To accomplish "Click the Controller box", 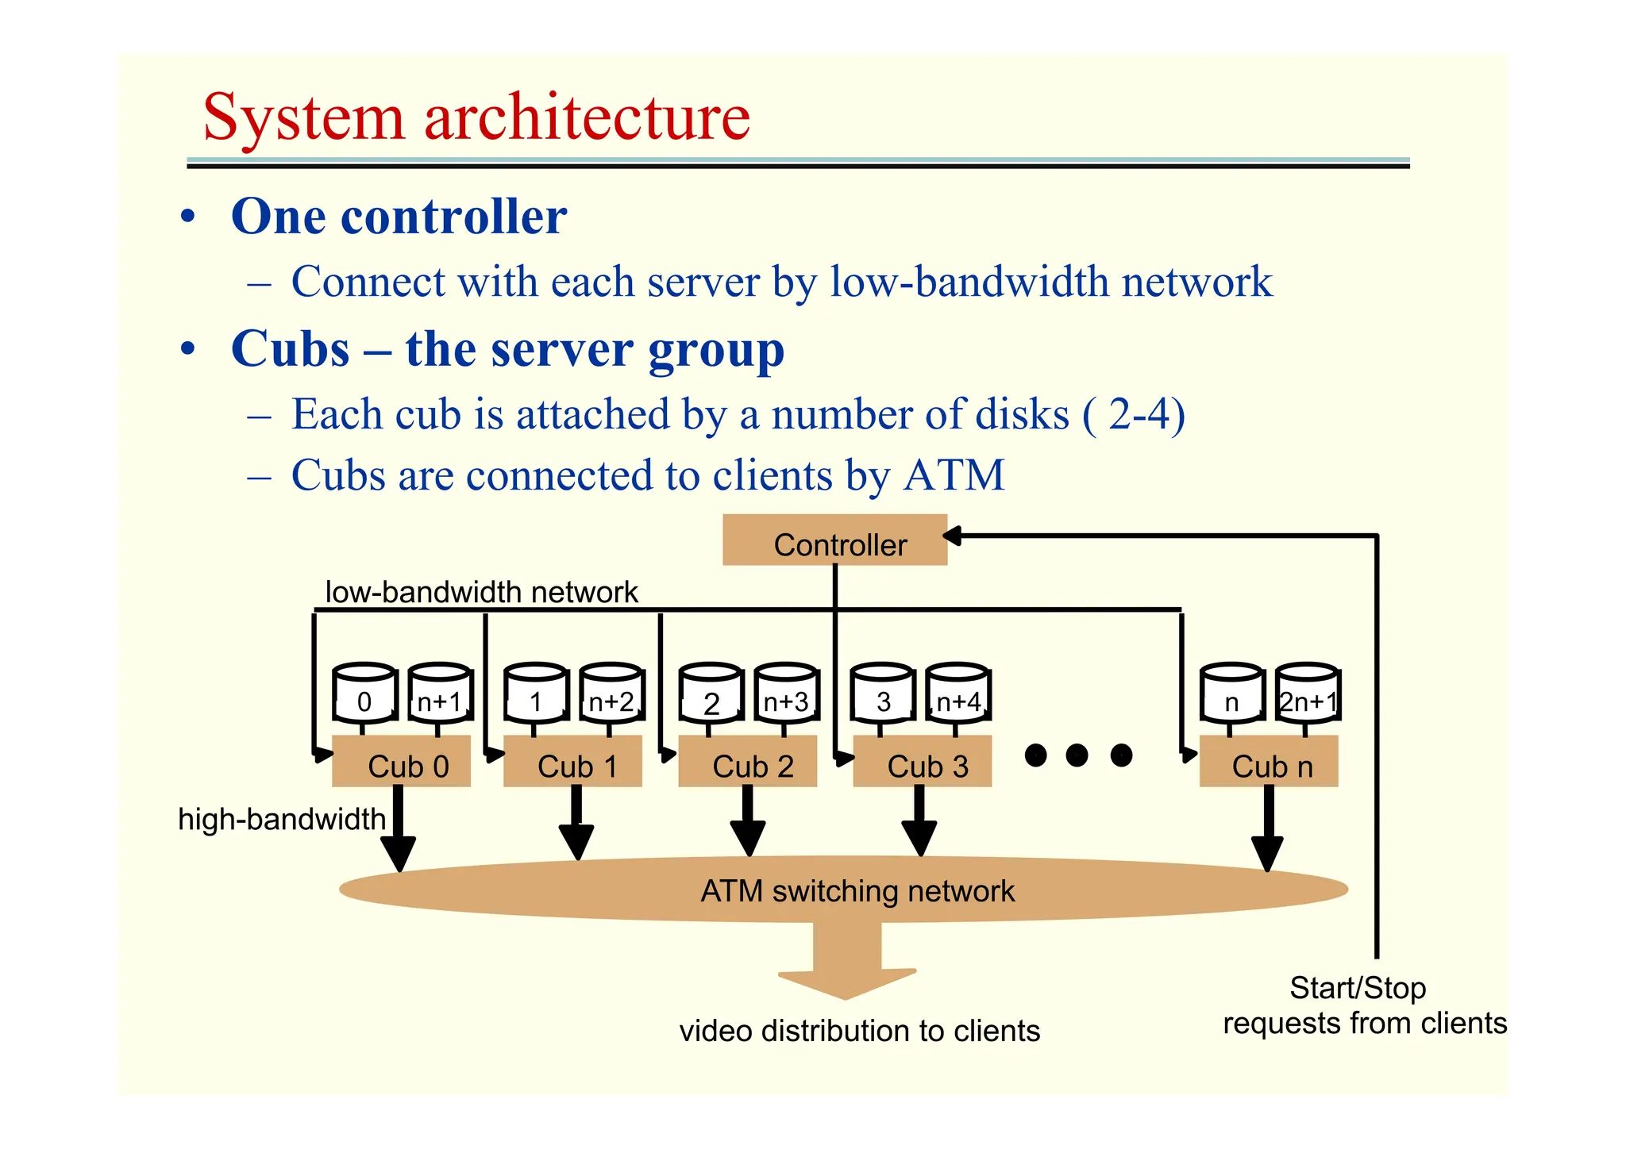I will tap(834, 540).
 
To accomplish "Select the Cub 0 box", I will tap(401, 762).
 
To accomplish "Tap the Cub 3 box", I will tap(922, 762).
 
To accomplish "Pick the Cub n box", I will tap(1268, 762).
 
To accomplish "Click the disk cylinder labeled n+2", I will tap(611, 694).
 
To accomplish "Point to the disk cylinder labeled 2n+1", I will tap(1308, 694).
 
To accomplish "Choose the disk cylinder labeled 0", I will tap(364, 694).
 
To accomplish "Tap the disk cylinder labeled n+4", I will tap(957, 694).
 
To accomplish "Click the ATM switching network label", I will tap(857, 891).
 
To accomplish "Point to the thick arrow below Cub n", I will tap(1268, 829).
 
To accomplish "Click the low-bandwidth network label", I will tap(481, 592).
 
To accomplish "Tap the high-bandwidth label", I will tap(281, 819).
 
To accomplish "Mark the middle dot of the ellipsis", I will tap(1077, 755).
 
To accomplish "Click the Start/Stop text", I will tap(1358, 988).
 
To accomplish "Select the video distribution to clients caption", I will tap(859, 1031).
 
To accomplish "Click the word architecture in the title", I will tap(587, 117).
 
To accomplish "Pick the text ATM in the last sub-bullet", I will tap(954, 475).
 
